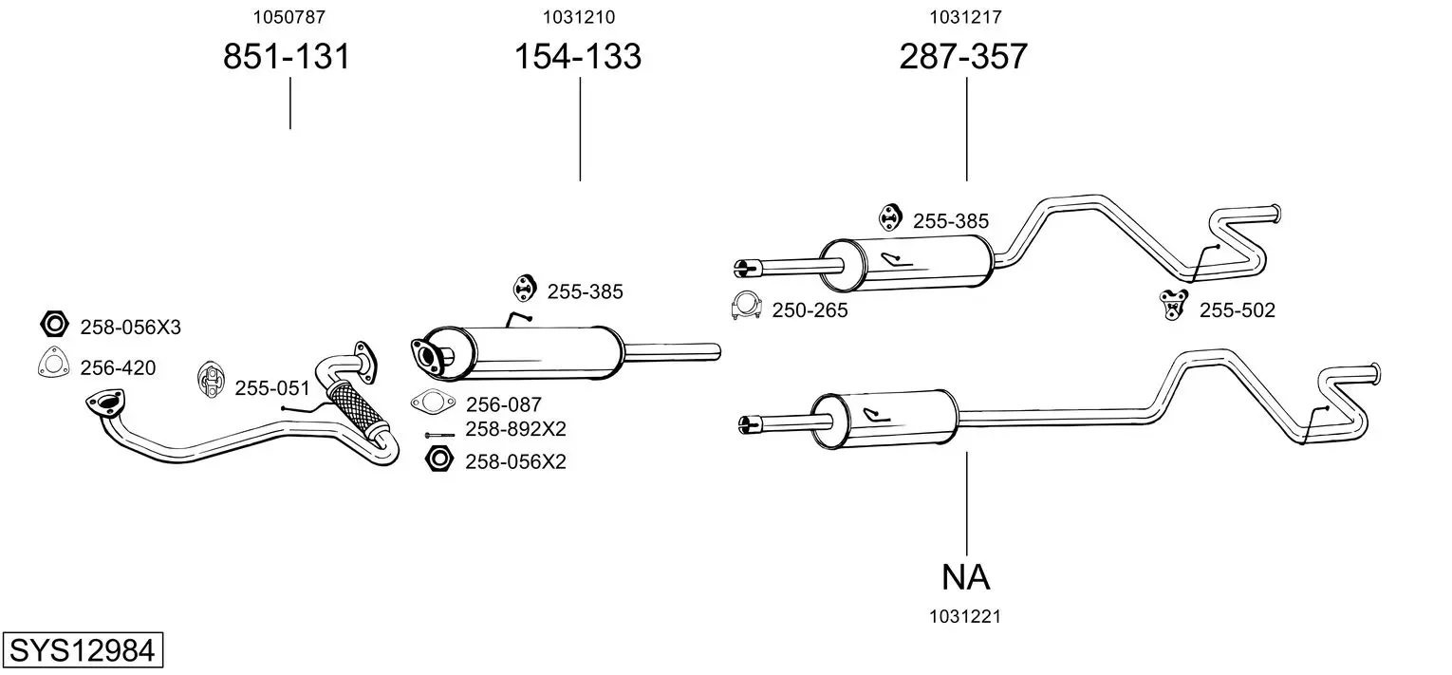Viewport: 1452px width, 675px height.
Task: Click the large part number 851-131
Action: click(x=287, y=57)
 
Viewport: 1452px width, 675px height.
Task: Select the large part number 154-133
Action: click(x=577, y=57)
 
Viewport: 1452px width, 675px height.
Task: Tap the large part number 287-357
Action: click(x=963, y=57)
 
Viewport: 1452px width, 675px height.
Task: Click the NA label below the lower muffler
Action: click(x=966, y=576)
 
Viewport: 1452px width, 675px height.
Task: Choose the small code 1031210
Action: click(x=578, y=16)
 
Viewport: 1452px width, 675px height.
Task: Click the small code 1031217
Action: click(x=965, y=16)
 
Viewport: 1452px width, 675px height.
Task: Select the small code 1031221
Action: click(x=965, y=616)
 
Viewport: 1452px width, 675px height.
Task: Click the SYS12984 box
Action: click(x=81, y=650)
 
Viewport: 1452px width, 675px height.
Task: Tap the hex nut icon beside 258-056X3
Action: click(x=54, y=326)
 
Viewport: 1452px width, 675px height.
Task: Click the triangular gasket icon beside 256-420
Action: click(x=53, y=365)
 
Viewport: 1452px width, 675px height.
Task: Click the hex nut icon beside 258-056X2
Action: click(x=438, y=459)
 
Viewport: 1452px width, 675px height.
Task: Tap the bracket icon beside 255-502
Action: click(x=1174, y=304)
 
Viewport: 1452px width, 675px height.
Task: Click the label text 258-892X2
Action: click(x=515, y=429)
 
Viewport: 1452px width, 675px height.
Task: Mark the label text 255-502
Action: click(x=1237, y=309)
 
